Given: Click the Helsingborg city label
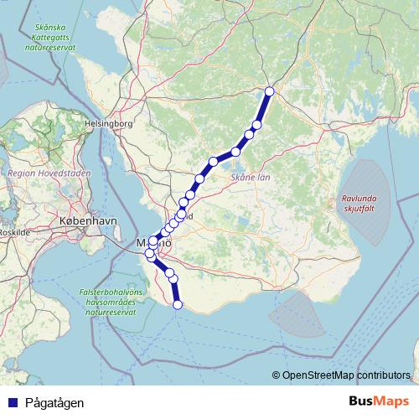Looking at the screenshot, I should (x=109, y=124).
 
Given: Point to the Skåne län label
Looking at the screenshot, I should (x=249, y=178).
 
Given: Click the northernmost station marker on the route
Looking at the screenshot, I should (x=269, y=91).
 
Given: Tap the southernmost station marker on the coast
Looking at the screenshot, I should (x=177, y=304).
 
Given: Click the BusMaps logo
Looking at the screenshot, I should (x=377, y=402).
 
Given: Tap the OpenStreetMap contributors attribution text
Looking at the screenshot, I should (x=346, y=375).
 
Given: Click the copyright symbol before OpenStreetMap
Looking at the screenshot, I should (x=277, y=375).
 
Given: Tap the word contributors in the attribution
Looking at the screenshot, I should (x=382, y=375).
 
